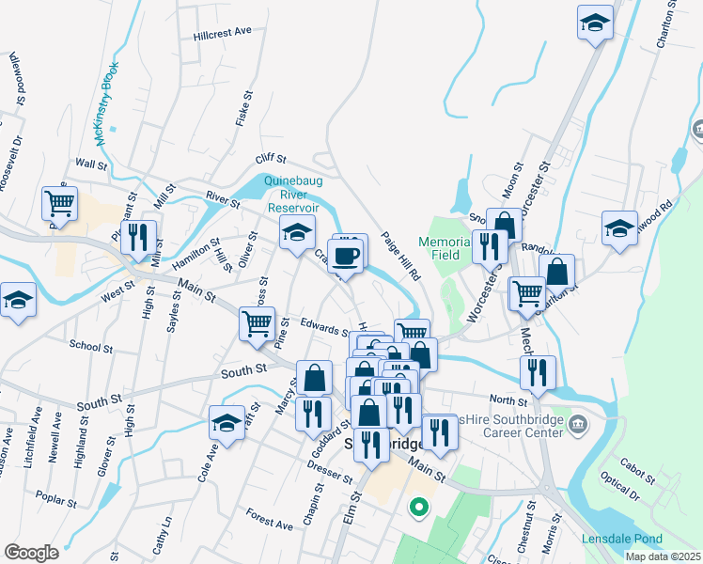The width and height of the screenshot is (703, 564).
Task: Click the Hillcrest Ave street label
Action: pos(223,32)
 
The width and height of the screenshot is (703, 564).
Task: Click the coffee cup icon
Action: pos(346,257)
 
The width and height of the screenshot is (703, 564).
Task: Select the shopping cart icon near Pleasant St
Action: pos(59,202)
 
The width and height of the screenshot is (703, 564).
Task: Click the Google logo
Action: pos(31,552)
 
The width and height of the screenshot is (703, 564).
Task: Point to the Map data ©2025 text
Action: pos(663,556)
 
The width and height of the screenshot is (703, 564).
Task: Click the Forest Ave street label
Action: pos(270,517)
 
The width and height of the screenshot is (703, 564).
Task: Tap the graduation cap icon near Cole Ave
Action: pos(227,424)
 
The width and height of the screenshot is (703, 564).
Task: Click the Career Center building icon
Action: pos(580,425)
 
